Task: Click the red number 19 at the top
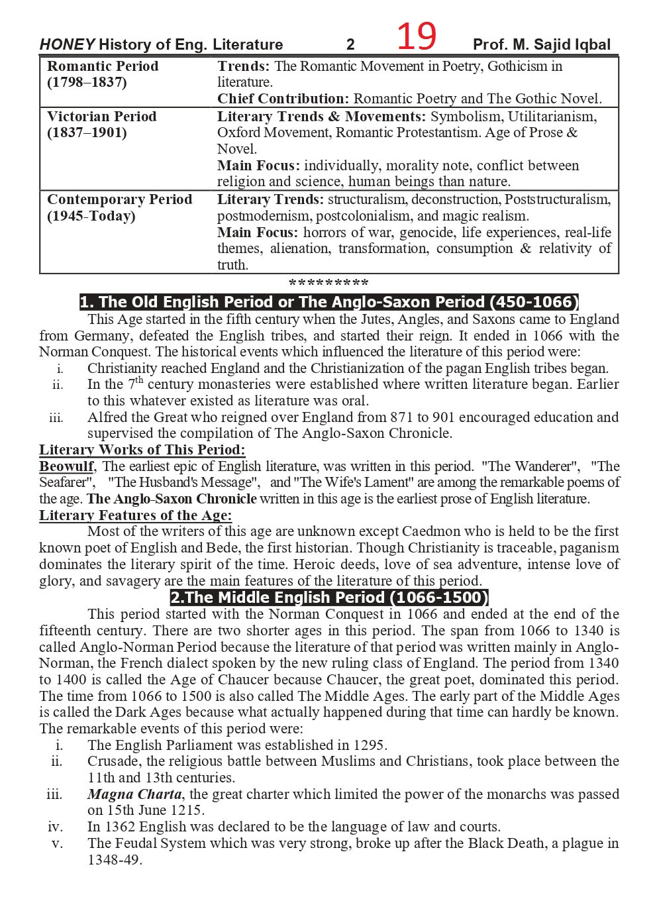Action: click(416, 36)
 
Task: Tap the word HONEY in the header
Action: click(67, 45)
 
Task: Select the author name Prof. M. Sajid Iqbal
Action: click(541, 45)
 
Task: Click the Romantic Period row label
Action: click(103, 66)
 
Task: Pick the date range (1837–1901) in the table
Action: click(87, 132)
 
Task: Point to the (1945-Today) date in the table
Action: click(91, 216)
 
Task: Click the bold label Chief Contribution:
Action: click(283, 99)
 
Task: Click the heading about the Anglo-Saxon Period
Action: click(329, 302)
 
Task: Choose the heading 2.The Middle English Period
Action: click(329, 598)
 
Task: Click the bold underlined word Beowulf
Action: click(66, 466)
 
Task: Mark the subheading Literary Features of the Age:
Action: click(135, 515)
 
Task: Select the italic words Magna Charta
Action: click(134, 794)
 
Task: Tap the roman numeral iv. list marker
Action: click(55, 827)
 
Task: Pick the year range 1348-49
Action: click(114, 860)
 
